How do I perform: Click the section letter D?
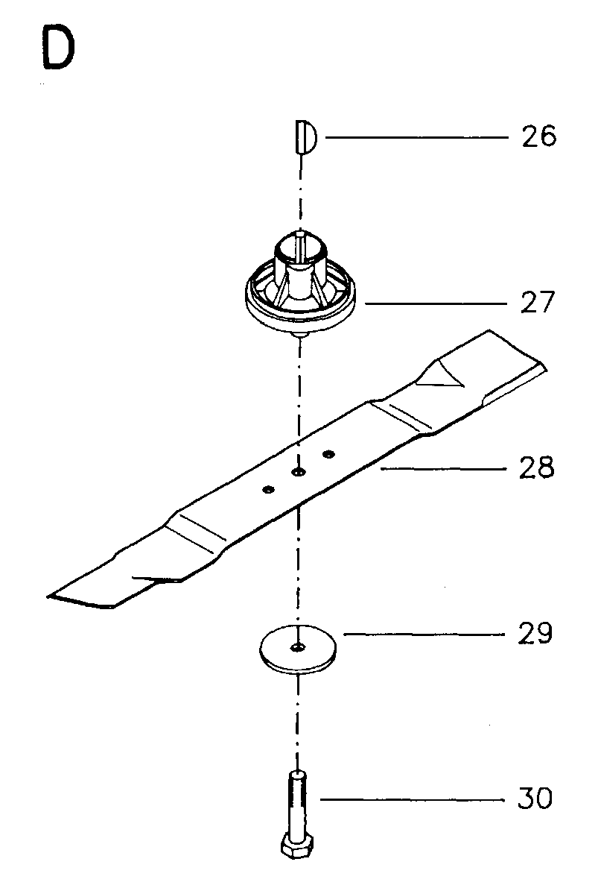(x=57, y=50)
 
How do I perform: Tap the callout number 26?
(x=538, y=137)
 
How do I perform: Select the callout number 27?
(x=537, y=302)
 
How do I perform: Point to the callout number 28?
(x=536, y=468)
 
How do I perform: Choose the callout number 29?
(x=535, y=633)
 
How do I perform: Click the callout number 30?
(x=535, y=799)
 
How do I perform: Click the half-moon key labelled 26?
(x=306, y=137)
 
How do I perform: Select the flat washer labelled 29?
(x=298, y=650)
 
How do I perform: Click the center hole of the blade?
(x=298, y=471)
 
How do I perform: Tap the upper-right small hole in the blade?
(x=328, y=454)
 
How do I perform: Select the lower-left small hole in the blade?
(x=267, y=489)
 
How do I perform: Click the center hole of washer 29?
(x=298, y=646)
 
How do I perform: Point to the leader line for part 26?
(x=416, y=137)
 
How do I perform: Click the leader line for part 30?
(x=413, y=799)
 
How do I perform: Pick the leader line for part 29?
(x=424, y=634)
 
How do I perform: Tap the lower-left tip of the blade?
(x=48, y=597)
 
